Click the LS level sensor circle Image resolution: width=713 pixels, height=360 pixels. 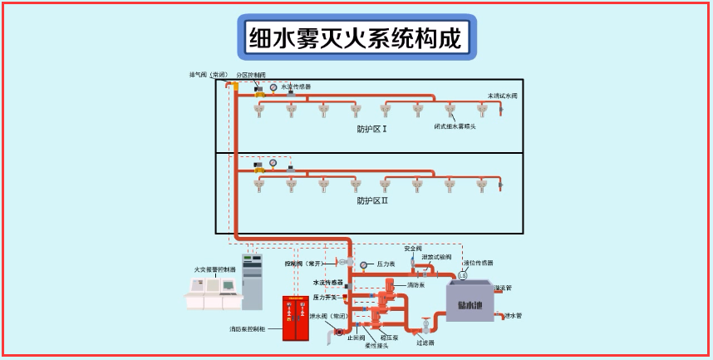coord(463,275)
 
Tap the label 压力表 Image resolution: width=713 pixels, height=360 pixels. coord(386,264)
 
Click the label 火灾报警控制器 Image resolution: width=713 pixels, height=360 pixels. coord(214,269)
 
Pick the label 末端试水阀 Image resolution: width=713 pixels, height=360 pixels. coord(502,96)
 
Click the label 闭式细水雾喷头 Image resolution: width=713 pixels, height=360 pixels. coord(455,126)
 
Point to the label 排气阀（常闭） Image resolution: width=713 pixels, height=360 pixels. coord(209,75)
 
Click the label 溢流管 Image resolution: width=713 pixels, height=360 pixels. coord(504,288)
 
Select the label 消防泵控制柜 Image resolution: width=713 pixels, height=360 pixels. coord(248,329)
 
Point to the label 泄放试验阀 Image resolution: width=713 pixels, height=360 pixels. coord(436,257)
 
